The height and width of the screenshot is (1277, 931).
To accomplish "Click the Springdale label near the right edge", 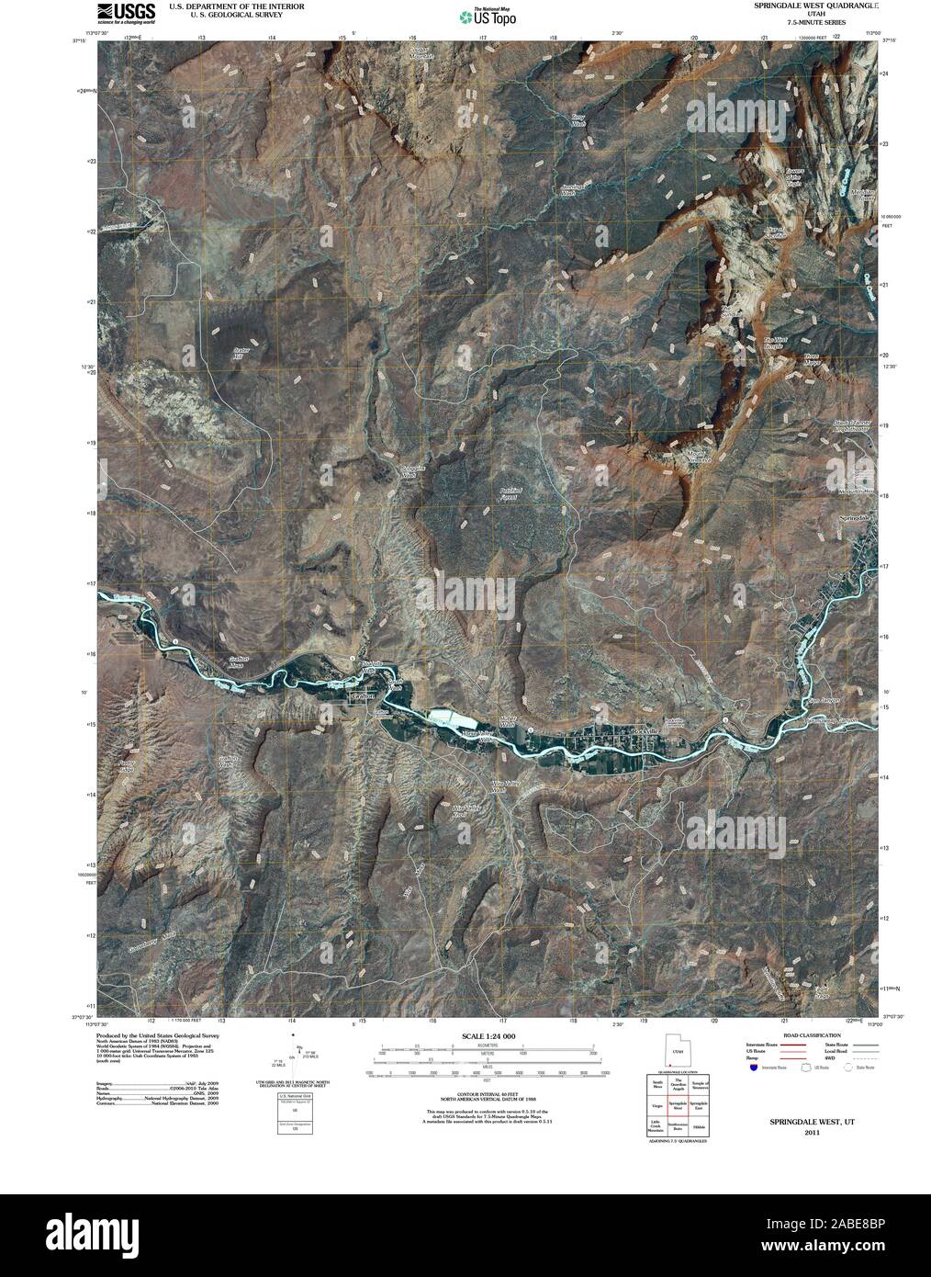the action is click(x=858, y=520).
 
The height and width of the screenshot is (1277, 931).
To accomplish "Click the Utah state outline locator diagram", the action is click(x=678, y=1052).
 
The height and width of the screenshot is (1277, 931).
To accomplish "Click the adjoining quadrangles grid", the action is click(x=678, y=1106).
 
